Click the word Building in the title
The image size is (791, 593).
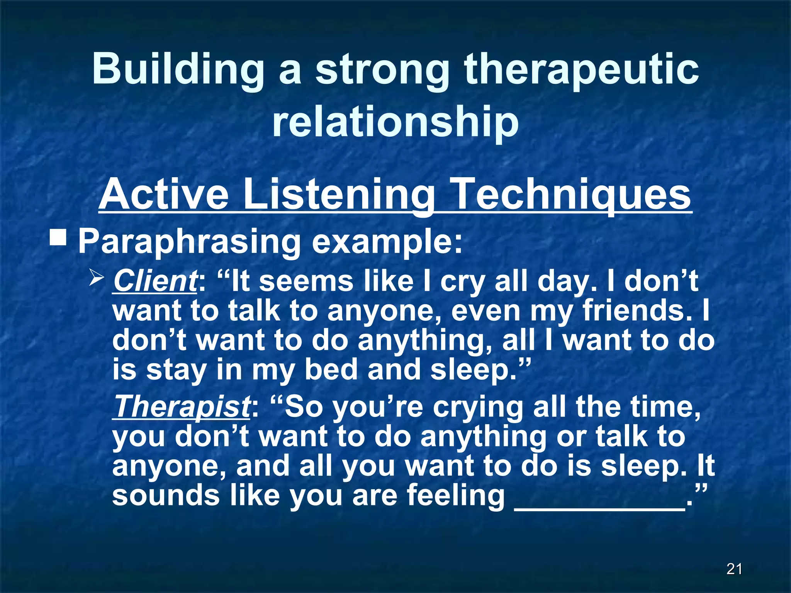click(178, 69)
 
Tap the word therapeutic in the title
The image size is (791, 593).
click(581, 69)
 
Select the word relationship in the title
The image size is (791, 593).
click(395, 122)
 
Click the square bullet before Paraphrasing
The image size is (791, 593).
click(58, 237)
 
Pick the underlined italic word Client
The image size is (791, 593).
click(155, 281)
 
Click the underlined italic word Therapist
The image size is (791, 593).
click(182, 407)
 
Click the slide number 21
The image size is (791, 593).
click(734, 569)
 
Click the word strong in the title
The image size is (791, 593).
click(382, 69)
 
